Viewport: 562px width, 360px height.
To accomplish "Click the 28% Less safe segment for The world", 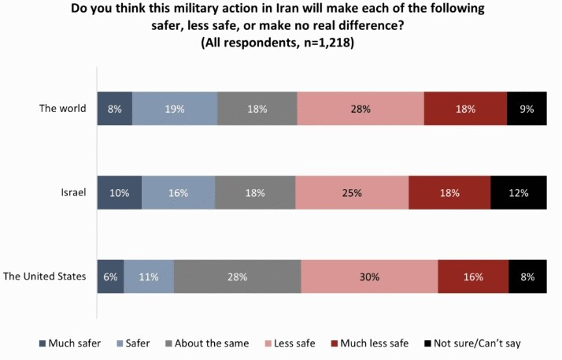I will click(x=360, y=109).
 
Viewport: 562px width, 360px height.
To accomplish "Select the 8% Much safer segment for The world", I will click(x=115, y=109).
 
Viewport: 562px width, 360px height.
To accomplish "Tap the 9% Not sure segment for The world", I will click(x=527, y=109).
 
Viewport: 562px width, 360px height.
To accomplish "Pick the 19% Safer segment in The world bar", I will click(x=175, y=109).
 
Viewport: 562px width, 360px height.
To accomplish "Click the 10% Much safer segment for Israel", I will click(x=120, y=193).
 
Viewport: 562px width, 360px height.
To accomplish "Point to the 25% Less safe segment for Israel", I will click(x=352, y=193).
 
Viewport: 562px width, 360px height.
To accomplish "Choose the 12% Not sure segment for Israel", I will click(x=518, y=193).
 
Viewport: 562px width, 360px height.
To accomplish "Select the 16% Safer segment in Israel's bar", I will click(x=179, y=193).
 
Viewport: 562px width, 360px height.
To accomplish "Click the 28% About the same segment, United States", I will click(x=237, y=276).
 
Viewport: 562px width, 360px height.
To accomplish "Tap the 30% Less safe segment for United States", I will click(x=369, y=276).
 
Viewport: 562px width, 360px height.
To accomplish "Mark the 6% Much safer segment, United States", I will click(x=110, y=276).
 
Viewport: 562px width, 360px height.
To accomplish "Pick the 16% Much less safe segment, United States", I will click(x=473, y=276).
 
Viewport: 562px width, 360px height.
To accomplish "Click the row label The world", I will click(x=62, y=109).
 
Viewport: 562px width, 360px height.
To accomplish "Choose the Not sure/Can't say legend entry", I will click(x=477, y=343).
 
